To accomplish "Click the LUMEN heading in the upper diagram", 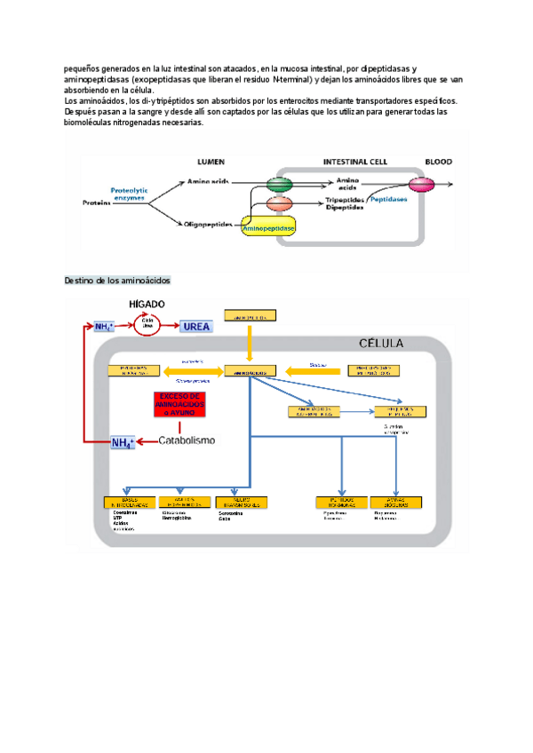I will coord(210,162).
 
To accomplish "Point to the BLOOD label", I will coord(438,162).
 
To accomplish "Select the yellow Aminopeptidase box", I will coord(269,228).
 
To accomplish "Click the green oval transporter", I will coord(279,184).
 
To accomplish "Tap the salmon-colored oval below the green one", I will coord(279,204).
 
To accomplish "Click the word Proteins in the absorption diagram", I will coord(96,203).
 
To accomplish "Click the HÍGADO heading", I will coord(147,304).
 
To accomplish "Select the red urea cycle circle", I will coord(147,326).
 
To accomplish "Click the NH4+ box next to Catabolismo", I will coord(122,442).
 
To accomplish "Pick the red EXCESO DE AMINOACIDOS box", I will coord(179,404).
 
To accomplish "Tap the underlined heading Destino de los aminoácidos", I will coord(117,281).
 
